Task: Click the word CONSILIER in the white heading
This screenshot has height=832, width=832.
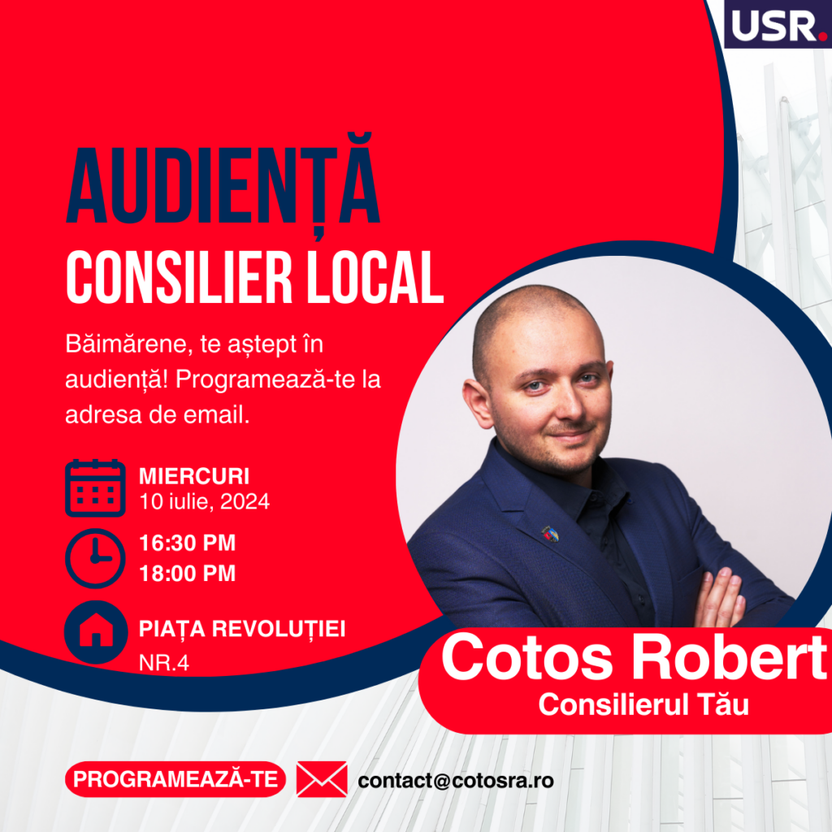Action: click(179, 277)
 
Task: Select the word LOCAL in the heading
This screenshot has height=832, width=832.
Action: click(375, 277)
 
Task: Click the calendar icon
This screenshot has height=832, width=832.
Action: click(96, 488)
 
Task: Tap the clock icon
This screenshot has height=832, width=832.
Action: click(96, 558)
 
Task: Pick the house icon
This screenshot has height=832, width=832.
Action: click(96, 632)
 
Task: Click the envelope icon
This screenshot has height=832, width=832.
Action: click(322, 779)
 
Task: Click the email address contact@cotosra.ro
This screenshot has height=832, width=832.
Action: click(456, 781)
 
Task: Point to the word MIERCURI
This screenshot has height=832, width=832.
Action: click(194, 476)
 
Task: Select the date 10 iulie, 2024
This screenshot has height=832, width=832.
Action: click(204, 501)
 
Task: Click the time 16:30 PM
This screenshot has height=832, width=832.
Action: click(188, 543)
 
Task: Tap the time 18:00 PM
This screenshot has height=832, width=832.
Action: click(188, 573)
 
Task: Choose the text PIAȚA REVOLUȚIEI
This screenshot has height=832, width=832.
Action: click(242, 630)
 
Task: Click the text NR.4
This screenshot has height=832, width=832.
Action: click(164, 663)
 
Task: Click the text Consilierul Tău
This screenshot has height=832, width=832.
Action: click(643, 704)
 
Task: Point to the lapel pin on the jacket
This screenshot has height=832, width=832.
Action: click(550, 534)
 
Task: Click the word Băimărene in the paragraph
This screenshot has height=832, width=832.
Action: click(126, 344)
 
